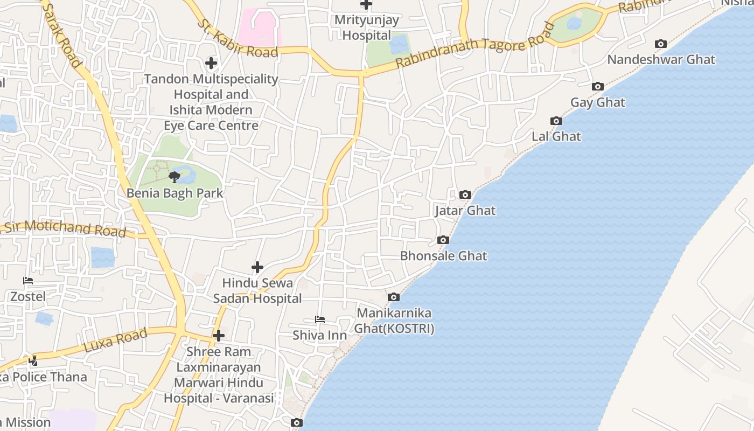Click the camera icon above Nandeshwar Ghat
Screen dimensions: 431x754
point(661,44)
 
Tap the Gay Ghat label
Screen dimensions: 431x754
point(597,102)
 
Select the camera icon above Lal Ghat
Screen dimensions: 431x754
point(556,121)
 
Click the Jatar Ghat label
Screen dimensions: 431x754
point(465,210)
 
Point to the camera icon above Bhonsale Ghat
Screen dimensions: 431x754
point(443,240)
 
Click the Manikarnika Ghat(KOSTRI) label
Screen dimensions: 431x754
point(394,321)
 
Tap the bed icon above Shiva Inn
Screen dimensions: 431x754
point(320,319)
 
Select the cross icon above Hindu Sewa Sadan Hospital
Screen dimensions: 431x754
point(257,267)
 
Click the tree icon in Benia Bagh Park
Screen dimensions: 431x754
point(174,177)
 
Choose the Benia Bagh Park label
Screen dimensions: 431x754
point(174,193)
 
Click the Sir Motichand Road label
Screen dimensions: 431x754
point(65,228)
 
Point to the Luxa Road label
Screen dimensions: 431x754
point(115,340)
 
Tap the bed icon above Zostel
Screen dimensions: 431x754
point(28,281)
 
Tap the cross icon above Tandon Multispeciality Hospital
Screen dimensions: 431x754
point(211,63)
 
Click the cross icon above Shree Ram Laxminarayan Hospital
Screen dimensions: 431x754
point(218,336)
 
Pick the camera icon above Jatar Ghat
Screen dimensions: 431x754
point(465,195)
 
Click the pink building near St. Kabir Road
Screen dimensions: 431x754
point(260,27)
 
